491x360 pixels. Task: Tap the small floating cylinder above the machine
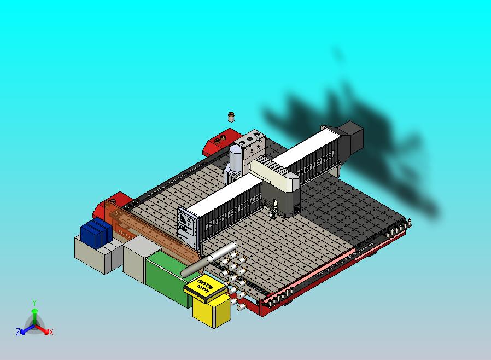pos(231,116)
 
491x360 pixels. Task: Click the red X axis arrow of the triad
pos(48,331)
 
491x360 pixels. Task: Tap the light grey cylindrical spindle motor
pos(235,161)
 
